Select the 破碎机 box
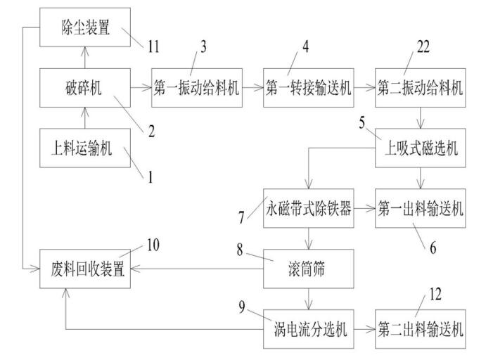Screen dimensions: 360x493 (84, 88)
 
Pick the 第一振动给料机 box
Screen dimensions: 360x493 (197, 88)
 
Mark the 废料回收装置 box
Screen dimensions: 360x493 (84, 268)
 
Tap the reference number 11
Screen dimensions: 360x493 (153, 48)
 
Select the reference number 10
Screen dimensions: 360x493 (153, 245)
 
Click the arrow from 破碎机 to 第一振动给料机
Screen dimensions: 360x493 (140, 88)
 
